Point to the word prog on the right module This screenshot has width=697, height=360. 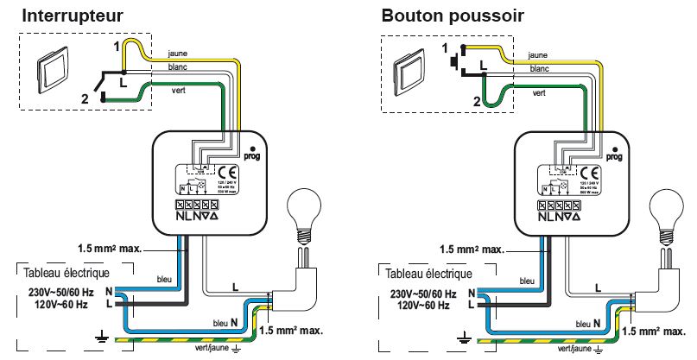[615, 157]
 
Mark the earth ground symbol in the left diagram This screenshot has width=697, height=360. [102, 338]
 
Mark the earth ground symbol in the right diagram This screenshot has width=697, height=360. [464, 338]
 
